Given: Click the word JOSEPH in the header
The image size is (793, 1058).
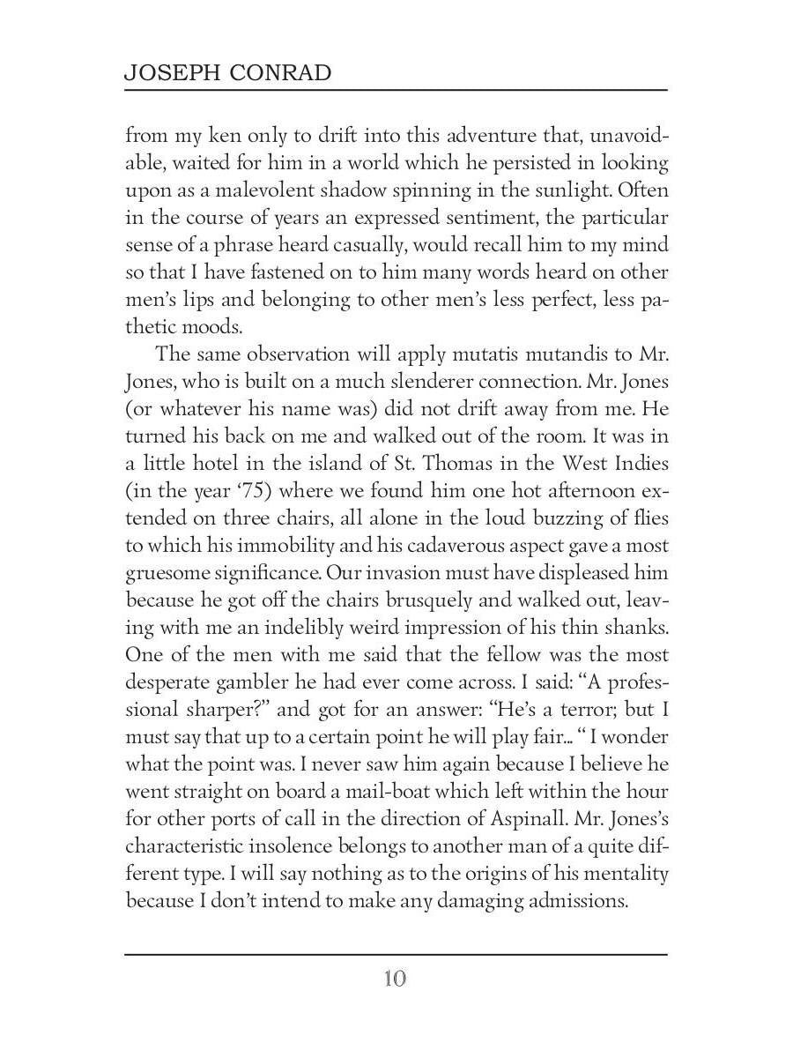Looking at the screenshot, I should [x=168, y=72].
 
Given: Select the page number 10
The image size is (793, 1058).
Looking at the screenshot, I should [x=395, y=980].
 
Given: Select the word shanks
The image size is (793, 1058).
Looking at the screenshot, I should [x=637, y=628].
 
